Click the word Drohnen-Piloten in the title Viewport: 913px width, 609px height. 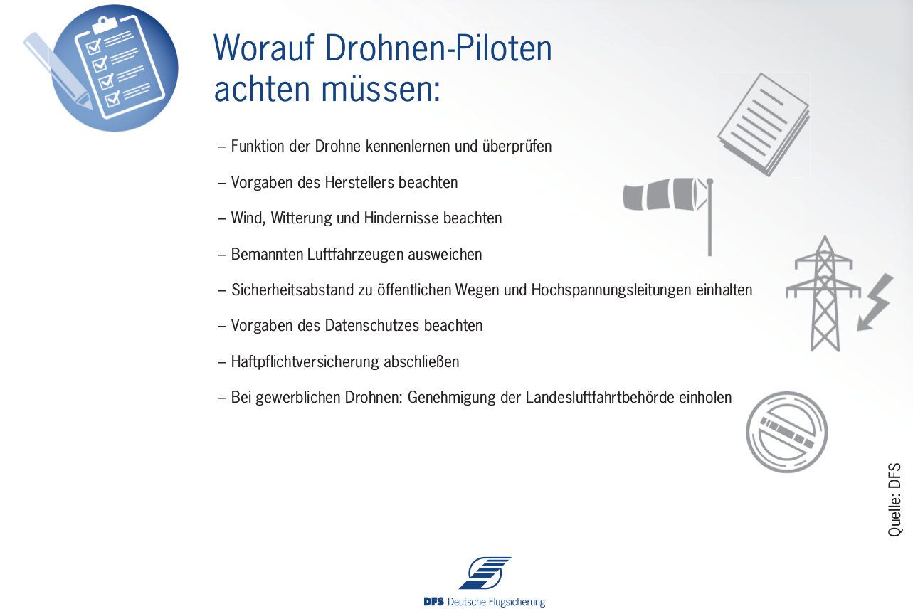438,48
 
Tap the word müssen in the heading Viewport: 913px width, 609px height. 381,89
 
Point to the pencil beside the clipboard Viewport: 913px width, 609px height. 57,71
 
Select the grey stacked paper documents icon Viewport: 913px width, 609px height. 764,125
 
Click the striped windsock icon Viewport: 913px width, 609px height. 668,196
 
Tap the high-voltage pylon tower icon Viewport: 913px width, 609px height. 824,294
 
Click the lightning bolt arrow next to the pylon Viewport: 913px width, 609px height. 875,302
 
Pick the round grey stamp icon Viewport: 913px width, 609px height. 786,432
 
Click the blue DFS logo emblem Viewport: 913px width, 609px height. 485,573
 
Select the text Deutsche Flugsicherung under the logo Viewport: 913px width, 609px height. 496,602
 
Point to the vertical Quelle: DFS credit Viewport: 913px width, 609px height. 894,499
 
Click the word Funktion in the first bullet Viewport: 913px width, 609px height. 258,146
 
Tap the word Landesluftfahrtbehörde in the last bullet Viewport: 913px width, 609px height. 600,397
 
